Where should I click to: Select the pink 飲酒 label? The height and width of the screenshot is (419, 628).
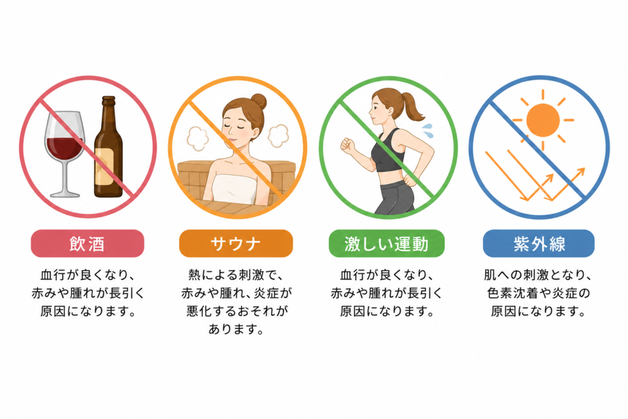point(87,244)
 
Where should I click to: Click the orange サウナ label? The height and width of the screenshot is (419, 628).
point(236,244)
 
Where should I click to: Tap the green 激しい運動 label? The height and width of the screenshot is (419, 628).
point(386,244)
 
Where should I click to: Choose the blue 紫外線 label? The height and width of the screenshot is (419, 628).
point(538,244)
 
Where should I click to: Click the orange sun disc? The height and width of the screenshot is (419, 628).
point(543,120)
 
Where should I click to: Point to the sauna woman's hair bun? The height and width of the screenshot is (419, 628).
point(259,101)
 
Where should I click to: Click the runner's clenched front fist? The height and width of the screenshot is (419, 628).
point(347,145)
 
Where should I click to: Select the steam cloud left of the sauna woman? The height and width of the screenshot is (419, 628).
point(197,138)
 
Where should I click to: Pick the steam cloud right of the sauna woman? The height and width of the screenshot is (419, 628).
point(278,135)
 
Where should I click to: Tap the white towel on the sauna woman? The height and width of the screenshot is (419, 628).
point(235,188)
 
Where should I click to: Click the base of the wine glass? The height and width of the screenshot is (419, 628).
point(65,194)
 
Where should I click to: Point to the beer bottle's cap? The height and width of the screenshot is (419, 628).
point(108,98)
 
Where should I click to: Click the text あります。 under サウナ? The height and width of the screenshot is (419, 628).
point(236,329)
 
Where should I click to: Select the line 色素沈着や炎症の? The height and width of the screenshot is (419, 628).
point(538,293)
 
